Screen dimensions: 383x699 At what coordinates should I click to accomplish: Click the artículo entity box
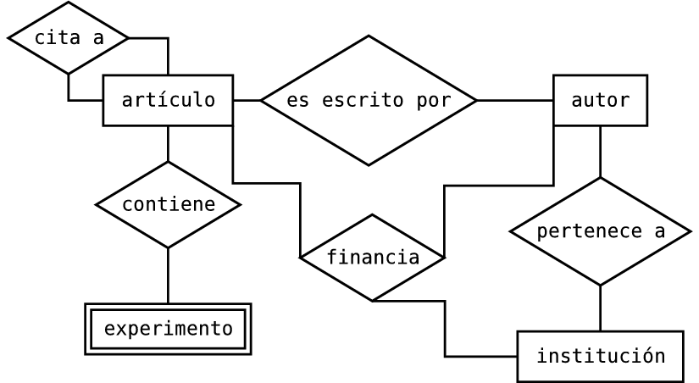click(x=168, y=100)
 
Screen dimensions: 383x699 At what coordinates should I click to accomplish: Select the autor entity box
click(x=600, y=100)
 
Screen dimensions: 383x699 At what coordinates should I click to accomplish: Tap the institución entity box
click(x=600, y=356)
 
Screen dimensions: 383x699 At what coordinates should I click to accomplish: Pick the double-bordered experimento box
click(x=168, y=328)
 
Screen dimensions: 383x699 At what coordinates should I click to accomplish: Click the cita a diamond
click(x=68, y=38)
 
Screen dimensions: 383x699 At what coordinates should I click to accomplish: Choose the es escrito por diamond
click(x=369, y=100)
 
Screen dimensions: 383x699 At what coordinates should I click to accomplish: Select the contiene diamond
click(x=168, y=204)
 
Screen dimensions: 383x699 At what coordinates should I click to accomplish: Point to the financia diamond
click(x=372, y=257)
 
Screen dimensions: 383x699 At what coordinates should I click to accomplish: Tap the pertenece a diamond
click(x=600, y=231)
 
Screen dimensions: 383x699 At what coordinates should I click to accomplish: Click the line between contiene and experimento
click(x=168, y=275)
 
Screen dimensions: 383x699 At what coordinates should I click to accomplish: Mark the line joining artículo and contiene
click(x=168, y=143)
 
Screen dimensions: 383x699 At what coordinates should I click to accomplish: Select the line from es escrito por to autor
click(x=515, y=100)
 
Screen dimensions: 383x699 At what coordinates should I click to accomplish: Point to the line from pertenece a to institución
click(x=600, y=308)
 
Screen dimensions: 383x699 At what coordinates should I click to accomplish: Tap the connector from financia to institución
click(x=445, y=330)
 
